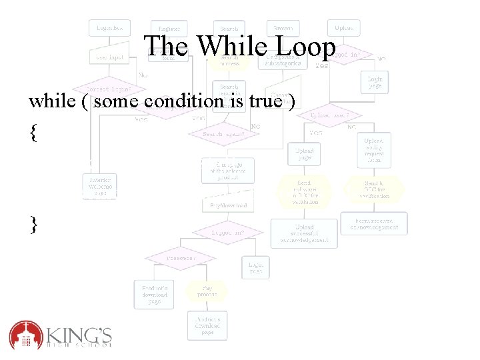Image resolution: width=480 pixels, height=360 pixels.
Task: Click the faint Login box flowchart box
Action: (109, 28)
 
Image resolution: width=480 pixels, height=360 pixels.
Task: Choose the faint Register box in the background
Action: (169, 28)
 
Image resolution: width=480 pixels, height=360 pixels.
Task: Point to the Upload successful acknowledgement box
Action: (304, 233)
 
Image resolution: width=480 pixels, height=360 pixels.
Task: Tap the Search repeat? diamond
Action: (223, 133)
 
